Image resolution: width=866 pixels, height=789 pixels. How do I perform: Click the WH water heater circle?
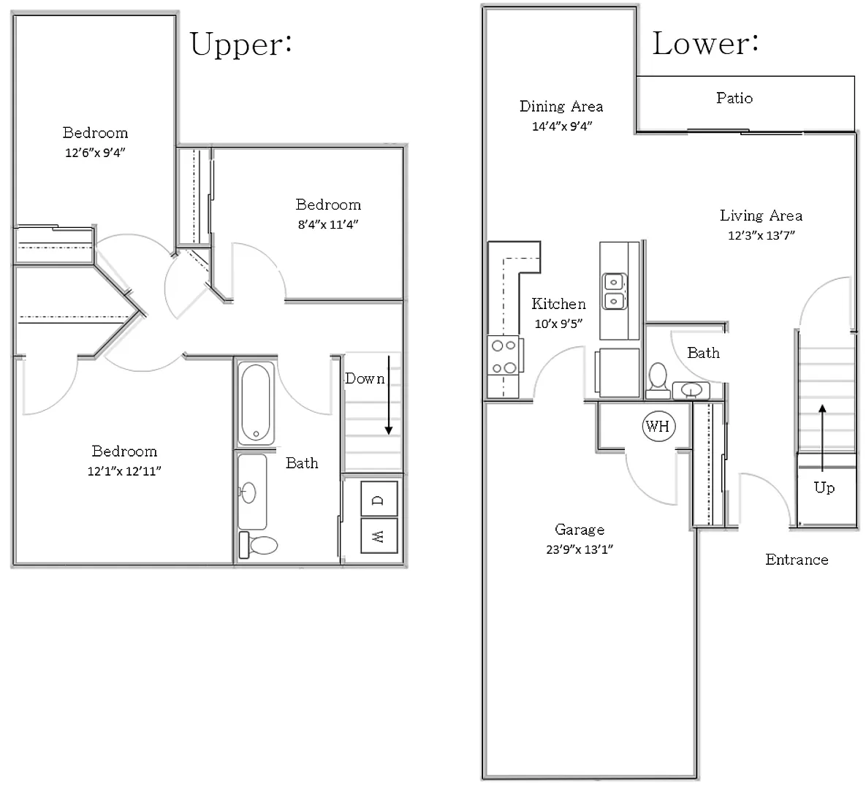point(658,426)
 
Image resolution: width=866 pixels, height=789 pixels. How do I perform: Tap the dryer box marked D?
point(379,499)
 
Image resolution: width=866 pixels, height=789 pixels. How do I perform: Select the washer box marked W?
point(379,535)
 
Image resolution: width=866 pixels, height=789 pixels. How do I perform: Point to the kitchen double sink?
point(614,291)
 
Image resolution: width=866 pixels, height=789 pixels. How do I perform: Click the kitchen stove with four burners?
point(504,356)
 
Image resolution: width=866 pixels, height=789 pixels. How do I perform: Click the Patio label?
point(734,99)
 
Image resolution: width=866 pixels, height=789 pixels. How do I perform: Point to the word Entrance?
point(797,560)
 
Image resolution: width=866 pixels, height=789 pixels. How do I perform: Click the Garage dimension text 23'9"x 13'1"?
point(580,549)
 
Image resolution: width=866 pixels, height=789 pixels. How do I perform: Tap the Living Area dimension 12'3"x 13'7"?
point(761,235)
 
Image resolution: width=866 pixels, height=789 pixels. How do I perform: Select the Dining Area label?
point(561,106)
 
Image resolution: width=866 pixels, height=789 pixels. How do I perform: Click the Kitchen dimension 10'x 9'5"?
point(558,324)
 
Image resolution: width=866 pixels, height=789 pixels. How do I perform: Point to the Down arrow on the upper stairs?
point(389,394)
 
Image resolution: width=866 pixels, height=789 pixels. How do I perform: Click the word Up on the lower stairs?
point(824,488)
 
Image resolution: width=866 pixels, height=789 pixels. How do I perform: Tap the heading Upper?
point(241,44)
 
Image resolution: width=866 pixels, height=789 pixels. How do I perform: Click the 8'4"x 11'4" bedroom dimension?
point(328,224)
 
